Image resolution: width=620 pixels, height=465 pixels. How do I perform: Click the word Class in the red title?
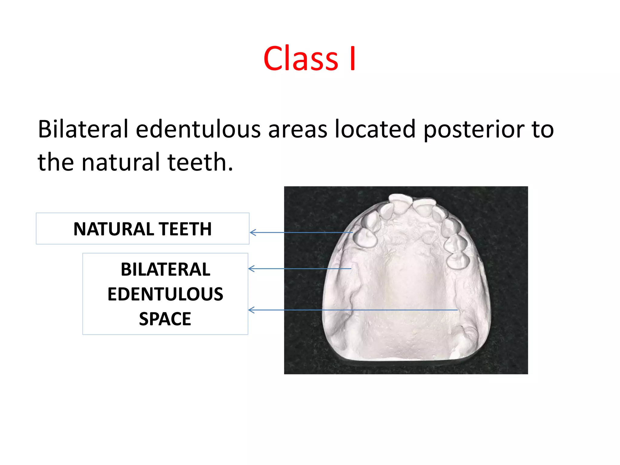tap(301, 58)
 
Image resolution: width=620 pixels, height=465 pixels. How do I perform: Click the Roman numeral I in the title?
tap(352, 58)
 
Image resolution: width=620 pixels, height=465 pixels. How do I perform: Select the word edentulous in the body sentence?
tap(198, 129)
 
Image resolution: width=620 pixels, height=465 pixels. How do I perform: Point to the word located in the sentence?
tap(375, 129)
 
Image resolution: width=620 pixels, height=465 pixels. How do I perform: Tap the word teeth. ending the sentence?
tap(200, 162)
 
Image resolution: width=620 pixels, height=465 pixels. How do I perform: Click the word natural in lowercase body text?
tap(120, 162)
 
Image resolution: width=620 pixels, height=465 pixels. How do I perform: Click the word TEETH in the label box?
tap(185, 229)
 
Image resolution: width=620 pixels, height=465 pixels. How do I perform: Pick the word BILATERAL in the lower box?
tap(165, 269)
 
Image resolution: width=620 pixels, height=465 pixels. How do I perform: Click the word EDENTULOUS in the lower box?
tap(165, 294)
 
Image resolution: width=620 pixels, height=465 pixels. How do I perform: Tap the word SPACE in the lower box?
tap(165, 319)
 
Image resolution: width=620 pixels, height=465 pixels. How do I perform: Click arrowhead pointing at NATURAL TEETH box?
tap(252, 232)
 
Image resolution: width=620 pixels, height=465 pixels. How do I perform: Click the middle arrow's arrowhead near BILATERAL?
tap(251, 269)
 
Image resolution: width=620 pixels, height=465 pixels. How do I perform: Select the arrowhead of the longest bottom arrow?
tap(251, 310)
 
